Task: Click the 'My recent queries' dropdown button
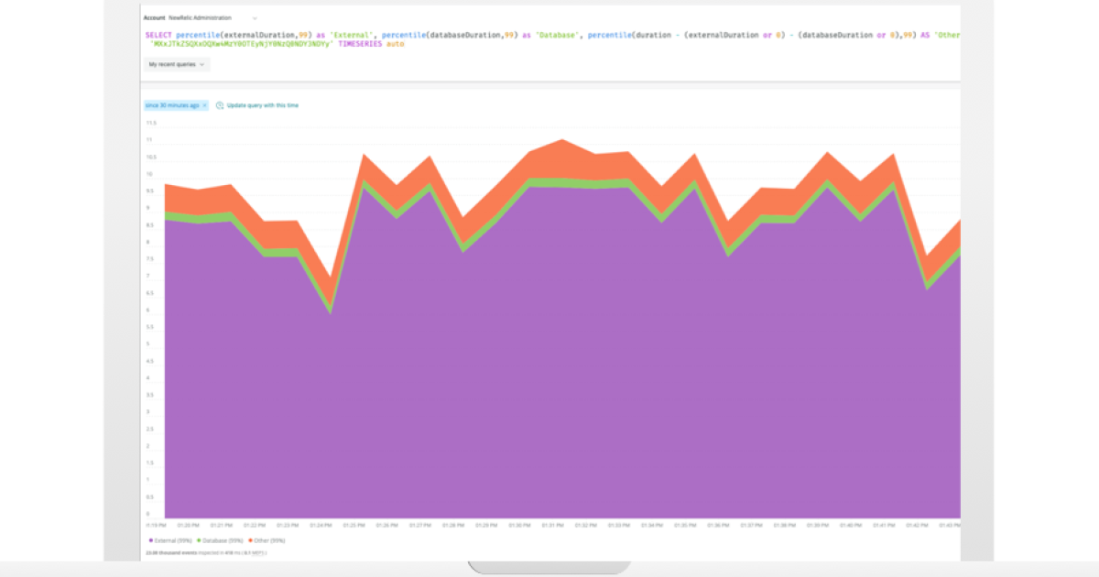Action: pos(177,64)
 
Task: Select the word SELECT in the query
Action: pos(158,35)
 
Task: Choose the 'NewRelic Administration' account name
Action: pos(200,17)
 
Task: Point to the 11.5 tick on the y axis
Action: pos(151,123)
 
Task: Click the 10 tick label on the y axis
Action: pos(151,174)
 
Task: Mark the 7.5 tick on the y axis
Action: pos(151,259)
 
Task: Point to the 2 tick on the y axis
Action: pos(151,446)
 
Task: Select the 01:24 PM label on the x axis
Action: pos(321,526)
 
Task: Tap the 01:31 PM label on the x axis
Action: pos(552,526)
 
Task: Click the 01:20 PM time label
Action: pos(188,526)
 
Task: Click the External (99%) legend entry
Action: pos(169,541)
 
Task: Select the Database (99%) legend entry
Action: pos(221,541)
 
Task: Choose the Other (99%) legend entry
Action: pos(265,541)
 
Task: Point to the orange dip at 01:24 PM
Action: pos(330,290)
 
